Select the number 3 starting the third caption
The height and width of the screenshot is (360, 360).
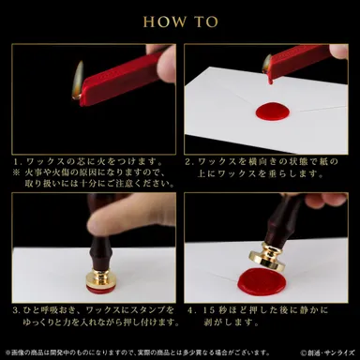[16, 310]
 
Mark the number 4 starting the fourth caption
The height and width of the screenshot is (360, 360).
[190, 310]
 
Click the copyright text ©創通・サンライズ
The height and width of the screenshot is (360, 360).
[324, 352]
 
